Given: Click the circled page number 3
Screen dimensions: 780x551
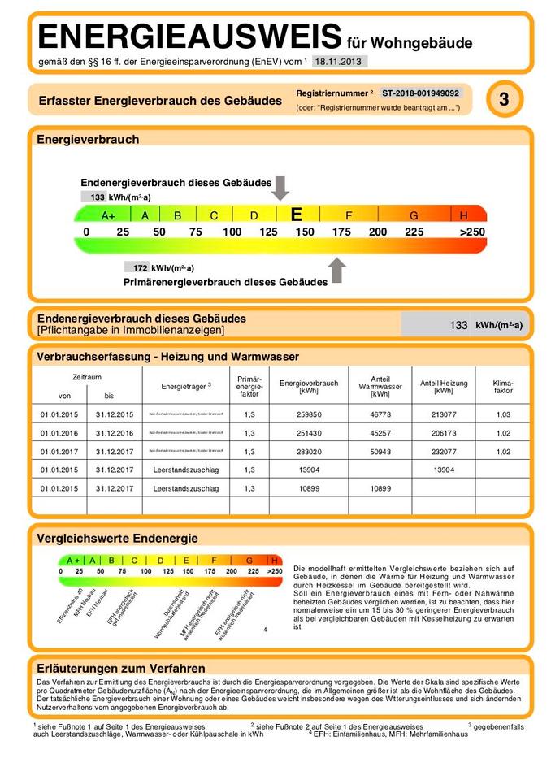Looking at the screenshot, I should [504, 100].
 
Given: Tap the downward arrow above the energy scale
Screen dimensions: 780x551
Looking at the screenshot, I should [280, 187].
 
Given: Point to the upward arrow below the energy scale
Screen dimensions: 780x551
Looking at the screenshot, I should [337, 270].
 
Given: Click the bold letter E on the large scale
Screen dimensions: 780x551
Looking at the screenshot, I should [297, 214].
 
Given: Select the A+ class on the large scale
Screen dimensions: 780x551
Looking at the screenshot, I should [109, 215].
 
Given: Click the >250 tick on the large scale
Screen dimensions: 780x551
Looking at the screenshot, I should [471, 232].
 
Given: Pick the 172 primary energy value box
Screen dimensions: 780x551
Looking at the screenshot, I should [137, 266].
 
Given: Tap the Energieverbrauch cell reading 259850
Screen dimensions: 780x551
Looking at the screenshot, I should [309, 414].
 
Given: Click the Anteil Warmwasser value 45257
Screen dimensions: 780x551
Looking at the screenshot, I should [380, 432].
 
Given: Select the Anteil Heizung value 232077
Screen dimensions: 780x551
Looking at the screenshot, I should [443, 451].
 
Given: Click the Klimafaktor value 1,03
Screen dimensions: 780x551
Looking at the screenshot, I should [503, 414].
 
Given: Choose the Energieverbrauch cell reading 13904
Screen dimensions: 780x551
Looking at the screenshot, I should [309, 470].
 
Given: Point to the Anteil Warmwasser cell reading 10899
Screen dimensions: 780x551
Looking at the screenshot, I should [380, 488].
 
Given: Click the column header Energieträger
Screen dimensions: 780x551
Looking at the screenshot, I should [186, 385].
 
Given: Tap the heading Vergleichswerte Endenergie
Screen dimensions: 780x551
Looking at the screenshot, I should [117, 538].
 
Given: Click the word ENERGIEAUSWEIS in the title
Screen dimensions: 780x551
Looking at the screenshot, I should [189, 37].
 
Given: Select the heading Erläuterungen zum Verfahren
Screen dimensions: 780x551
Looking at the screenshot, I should [120, 668].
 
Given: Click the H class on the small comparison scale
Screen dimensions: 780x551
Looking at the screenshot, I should [275, 560].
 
